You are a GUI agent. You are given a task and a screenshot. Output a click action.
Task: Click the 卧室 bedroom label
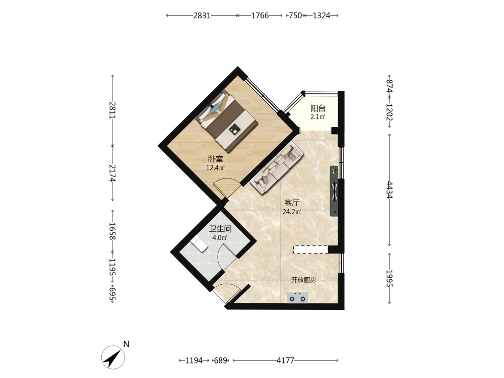tap(215, 159)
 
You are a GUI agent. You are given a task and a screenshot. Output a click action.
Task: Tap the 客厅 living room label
tap(292, 203)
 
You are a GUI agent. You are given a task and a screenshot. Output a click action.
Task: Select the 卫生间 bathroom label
tap(220, 229)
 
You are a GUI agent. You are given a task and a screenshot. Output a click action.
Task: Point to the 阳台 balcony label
tap(318, 108)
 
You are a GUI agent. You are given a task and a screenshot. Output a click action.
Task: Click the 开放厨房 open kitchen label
tap(304, 280)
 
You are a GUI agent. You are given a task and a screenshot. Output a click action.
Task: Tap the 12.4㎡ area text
tap(215, 167)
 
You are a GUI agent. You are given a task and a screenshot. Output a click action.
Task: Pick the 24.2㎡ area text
tap(292, 212)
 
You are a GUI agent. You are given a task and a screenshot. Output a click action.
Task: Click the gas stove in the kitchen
tap(297, 298)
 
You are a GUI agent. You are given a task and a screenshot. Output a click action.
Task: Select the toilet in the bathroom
tap(199, 245)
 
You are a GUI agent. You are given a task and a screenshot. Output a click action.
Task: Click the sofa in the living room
tap(276, 169)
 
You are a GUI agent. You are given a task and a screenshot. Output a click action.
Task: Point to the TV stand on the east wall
tap(334, 191)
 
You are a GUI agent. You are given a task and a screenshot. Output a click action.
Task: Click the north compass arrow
tap(113, 357)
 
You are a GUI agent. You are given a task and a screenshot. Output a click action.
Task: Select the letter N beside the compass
tap(127, 344)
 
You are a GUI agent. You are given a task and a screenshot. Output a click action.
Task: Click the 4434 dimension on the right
tap(390, 190)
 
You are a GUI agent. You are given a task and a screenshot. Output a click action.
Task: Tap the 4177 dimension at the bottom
tap(285, 361)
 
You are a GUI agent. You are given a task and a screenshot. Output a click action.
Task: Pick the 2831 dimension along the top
tap(202, 16)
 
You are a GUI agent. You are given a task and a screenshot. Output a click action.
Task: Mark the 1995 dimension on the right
tap(390, 278)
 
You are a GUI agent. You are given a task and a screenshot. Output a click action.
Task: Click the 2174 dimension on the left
tap(112, 173)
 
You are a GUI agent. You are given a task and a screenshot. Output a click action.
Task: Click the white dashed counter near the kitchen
tap(310, 249)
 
